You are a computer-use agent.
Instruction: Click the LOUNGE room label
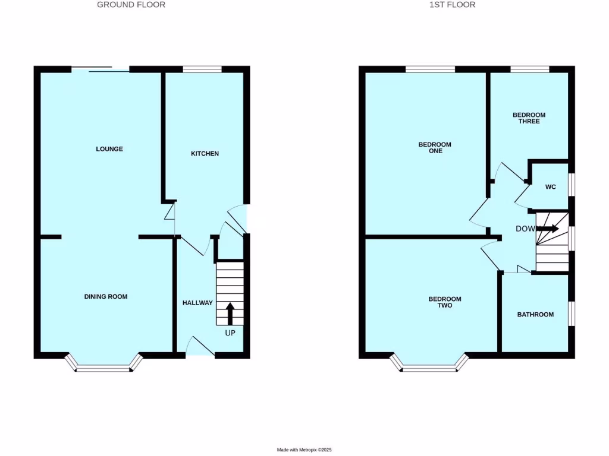109,149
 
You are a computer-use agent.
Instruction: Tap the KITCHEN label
205,154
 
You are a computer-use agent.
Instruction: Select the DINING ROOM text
106,297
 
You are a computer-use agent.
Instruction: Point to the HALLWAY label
197,303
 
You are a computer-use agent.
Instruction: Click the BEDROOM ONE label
435,148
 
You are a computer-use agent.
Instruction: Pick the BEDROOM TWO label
445,302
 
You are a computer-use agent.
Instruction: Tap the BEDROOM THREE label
529,118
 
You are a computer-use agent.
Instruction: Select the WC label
551,187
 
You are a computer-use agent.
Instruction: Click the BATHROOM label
535,315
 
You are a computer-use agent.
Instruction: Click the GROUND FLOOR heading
131,5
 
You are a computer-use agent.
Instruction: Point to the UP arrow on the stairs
230,313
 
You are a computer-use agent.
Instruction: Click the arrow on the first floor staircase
547,229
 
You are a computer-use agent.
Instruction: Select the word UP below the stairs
230,333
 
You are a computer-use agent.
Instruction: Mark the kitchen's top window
202,69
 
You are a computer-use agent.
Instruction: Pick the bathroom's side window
572,313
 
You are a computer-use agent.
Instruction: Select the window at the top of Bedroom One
431,69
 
